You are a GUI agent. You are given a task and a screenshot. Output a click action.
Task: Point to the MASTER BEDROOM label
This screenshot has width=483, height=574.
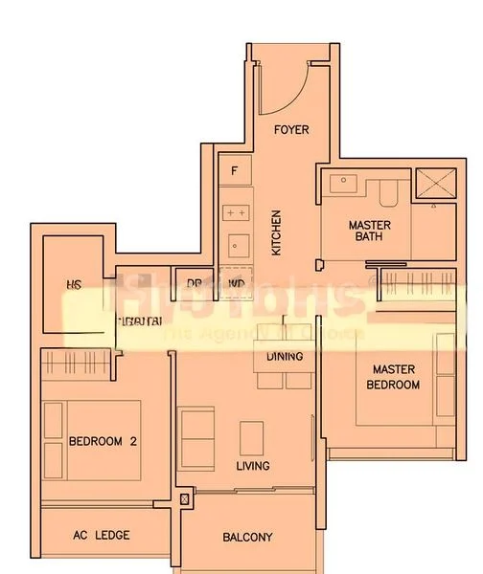(396, 376)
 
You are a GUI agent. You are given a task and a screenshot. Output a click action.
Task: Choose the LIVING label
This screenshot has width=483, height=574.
(253, 466)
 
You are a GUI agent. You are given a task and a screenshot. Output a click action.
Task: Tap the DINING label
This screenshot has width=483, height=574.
(285, 357)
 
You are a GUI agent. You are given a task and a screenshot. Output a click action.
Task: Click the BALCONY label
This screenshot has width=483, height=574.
(247, 538)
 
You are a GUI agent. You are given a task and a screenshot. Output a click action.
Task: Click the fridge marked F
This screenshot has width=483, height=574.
(235, 171)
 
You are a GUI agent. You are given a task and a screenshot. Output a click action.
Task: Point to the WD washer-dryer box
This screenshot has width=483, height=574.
(236, 283)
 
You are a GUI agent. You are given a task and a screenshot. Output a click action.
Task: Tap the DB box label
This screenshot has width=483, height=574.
(195, 283)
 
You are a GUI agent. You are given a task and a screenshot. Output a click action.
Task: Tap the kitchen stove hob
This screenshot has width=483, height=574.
(236, 211)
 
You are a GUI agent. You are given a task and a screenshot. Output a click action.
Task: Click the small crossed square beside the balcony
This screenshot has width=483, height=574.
(185, 499)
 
